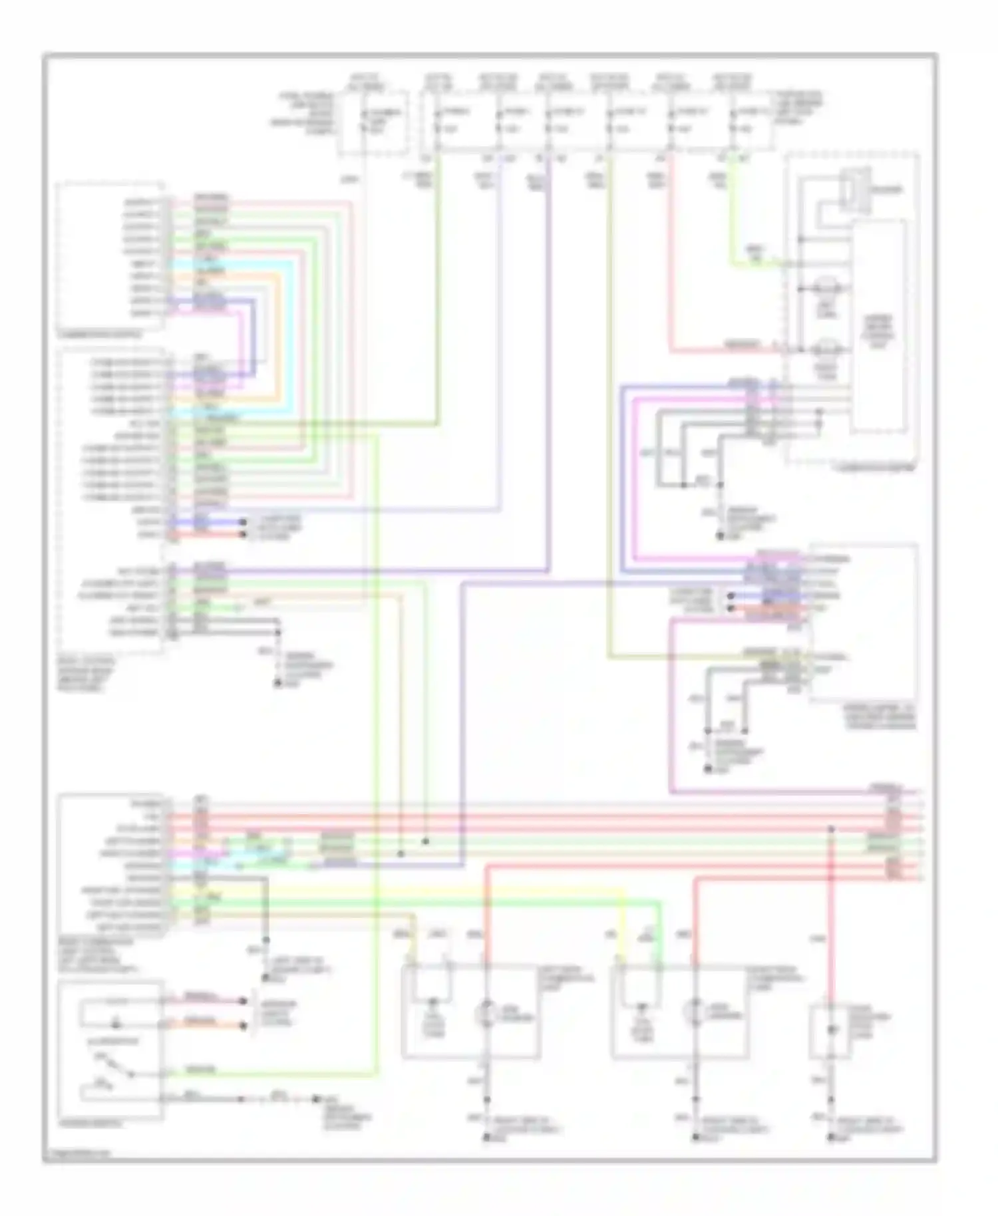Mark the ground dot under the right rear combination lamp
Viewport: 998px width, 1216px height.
coord(696,1139)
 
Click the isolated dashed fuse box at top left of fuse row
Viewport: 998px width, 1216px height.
coord(373,123)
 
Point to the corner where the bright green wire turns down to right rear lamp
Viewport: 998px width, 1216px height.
coord(660,903)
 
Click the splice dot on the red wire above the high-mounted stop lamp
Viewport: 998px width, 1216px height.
coord(831,829)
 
